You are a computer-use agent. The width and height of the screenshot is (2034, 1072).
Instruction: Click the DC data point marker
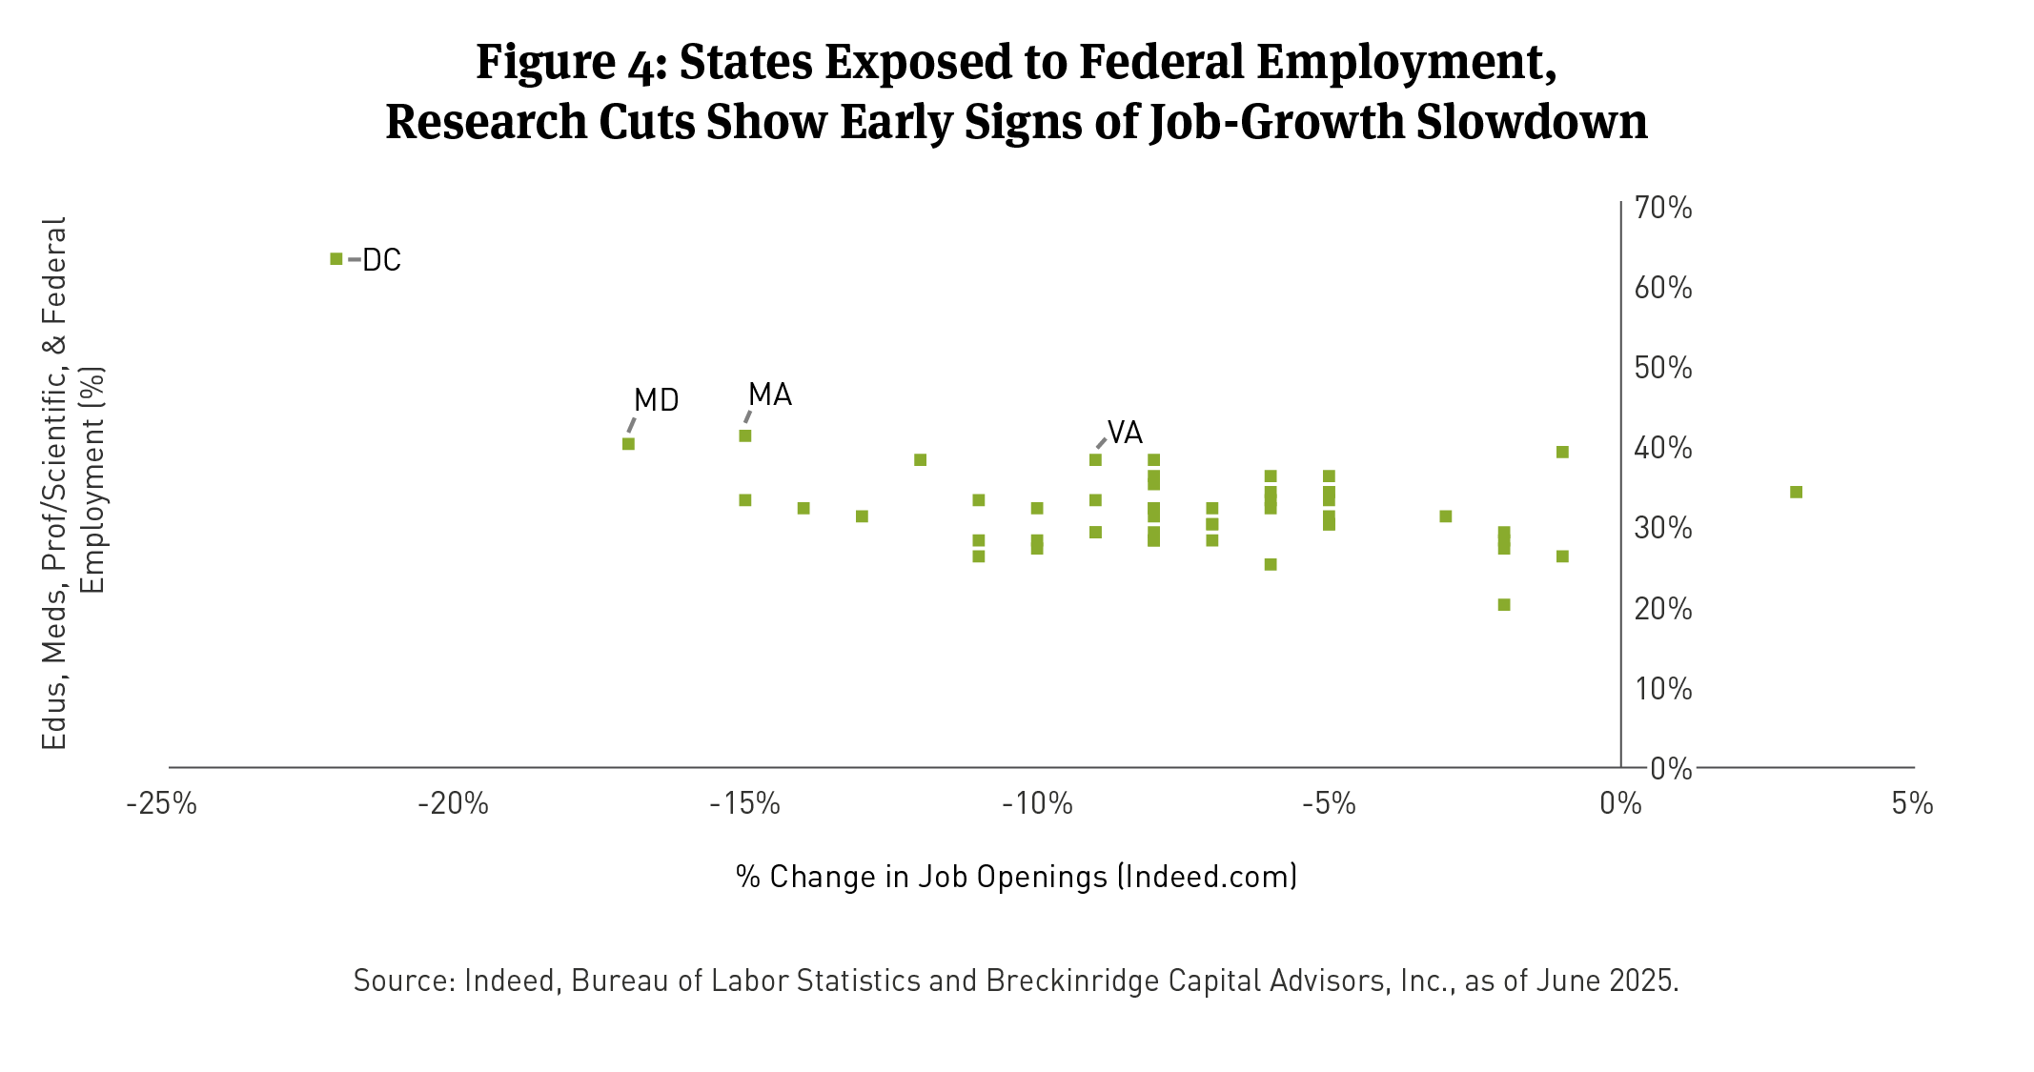pyautogui.click(x=336, y=259)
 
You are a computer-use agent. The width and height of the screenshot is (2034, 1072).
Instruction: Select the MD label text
pyautogui.click(x=656, y=400)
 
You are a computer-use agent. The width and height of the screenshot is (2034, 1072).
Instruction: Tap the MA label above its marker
pyautogui.click(x=769, y=394)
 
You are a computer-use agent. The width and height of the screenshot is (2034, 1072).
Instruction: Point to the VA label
pyautogui.click(x=1125, y=433)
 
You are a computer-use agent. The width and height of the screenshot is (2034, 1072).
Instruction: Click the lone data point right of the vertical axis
pyautogui.click(x=1796, y=492)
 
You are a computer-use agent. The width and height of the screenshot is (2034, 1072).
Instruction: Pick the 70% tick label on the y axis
pyautogui.click(x=1663, y=208)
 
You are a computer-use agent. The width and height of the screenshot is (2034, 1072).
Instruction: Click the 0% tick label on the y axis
pyautogui.click(x=1670, y=768)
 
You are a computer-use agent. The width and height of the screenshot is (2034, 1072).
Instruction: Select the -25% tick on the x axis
pyautogui.click(x=162, y=804)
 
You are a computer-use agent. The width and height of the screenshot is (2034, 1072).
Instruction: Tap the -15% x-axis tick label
pyautogui.click(x=744, y=804)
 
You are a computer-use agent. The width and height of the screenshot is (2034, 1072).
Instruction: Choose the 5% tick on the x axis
pyautogui.click(x=1912, y=804)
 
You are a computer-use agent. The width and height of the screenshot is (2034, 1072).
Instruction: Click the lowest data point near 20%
pyautogui.click(x=1504, y=604)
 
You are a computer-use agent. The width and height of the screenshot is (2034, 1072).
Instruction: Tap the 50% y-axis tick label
pyautogui.click(x=1663, y=368)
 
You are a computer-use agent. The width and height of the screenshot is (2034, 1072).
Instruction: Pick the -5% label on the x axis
pyautogui.click(x=1329, y=804)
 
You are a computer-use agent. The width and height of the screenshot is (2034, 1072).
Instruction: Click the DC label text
pyautogui.click(x=381, y=260)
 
